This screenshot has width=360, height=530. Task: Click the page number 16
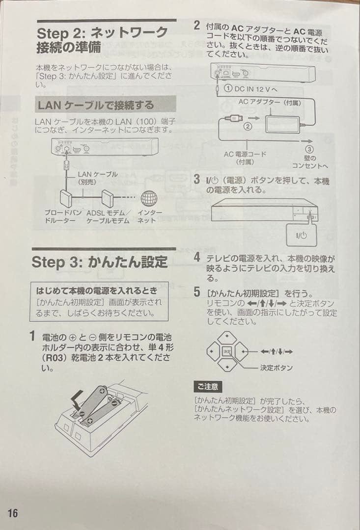pyautogui.click(x=12, y=513)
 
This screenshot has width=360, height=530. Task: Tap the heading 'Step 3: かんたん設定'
pyautogui.click(x=100, y=262)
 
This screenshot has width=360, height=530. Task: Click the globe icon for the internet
pyautogui.click(x=149, y=199)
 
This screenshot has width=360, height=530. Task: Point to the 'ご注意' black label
pyautogui.click(x=208, y=387)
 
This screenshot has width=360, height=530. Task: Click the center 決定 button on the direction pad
pyautogui.click(x=226, y=351)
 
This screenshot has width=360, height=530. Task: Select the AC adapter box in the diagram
pyautogui.click(x=281, y=120)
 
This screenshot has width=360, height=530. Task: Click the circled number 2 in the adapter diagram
pyautogui.click(x=248, y=126)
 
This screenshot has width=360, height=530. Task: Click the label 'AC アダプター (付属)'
pyautogui.click(x=270, y=102)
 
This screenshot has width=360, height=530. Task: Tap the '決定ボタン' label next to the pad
pyautogui.click(x=277, y=368)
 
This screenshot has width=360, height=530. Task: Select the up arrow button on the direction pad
pyautogui.click(x=226, y=338)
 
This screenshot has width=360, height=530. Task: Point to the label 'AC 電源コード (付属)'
pyautogui.click(x=245, y=158)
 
